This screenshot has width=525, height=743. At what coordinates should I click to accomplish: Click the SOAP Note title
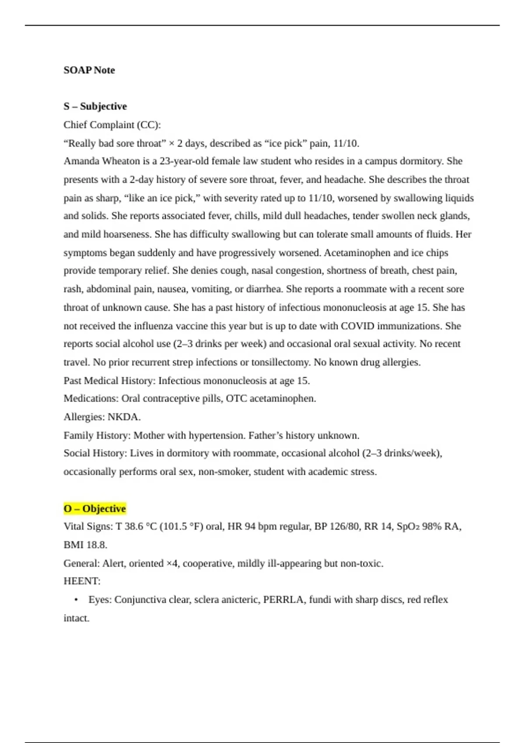coord(89,70)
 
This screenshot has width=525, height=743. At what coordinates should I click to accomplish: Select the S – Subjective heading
coord(95,106)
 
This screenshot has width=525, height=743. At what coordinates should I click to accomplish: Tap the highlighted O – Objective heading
coord(95,509)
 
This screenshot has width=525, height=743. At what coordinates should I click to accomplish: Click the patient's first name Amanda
coord(81,161)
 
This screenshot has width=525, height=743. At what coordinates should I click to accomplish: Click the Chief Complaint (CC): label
coord(112,125)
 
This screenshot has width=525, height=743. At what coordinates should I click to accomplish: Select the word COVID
coord(357,326)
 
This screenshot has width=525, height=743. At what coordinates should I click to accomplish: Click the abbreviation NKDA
coord(123,417)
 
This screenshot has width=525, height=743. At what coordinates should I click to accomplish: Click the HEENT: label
coord(82,581)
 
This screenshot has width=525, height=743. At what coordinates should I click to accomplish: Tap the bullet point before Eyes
coord(77,600)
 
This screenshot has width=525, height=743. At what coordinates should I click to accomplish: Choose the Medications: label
coord(91,399)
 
